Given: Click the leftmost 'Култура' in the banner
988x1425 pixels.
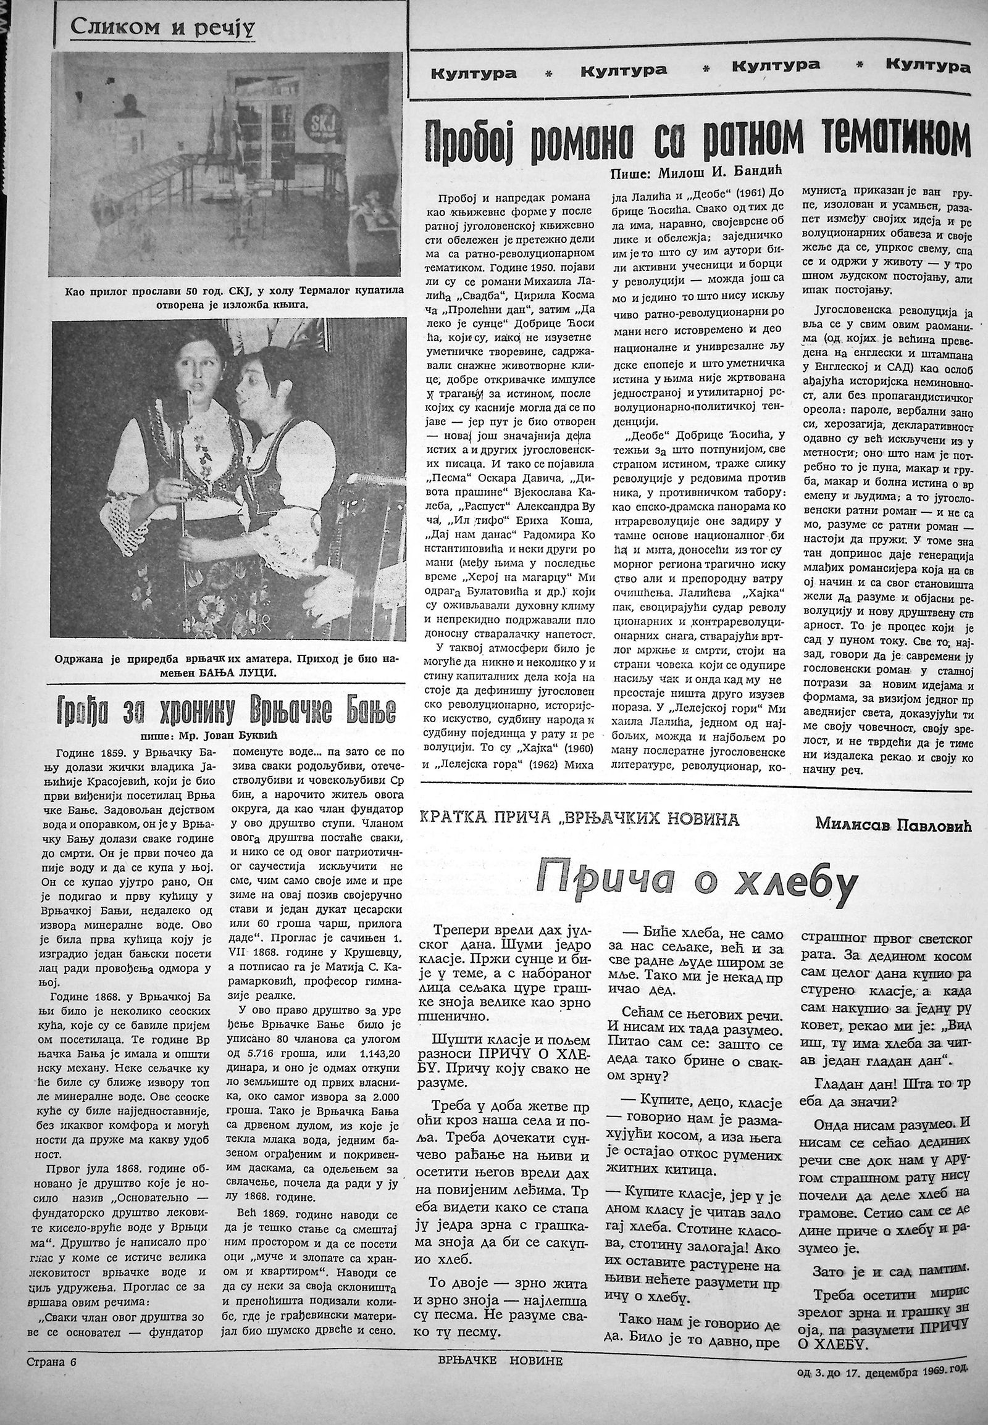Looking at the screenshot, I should tap(474, 73).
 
